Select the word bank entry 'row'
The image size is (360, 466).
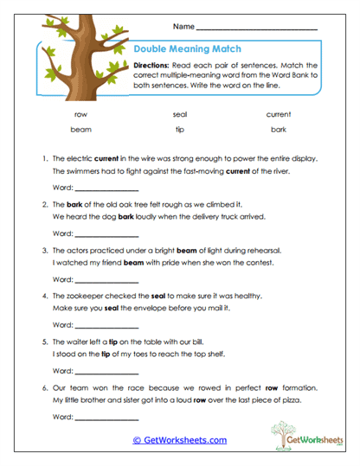click(x=80, y=114)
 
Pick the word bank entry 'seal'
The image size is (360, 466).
click(x=180, y=114)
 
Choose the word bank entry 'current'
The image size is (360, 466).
click(x=278, y=114)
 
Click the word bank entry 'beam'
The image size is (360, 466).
click(x=80, y=130)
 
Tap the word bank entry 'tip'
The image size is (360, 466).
click(x=180, y=130)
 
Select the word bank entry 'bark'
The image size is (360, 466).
click(x=278, y=130)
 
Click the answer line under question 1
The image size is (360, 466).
click(x=106, y=189)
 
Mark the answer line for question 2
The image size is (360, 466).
click(x=106, y=234)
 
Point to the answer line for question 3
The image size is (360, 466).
click(x=106, y=279)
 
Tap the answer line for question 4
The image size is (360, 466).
click(x=106, y=325)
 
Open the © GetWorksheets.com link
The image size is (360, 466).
click(x=179, y=440)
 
